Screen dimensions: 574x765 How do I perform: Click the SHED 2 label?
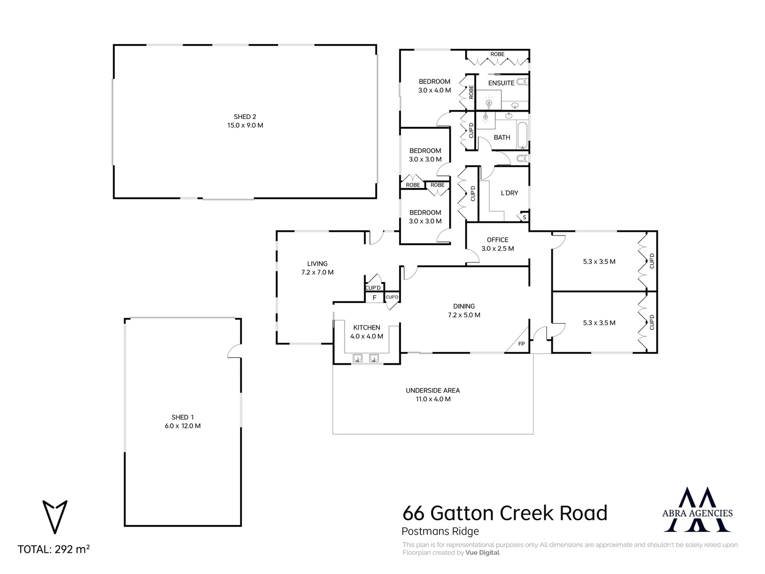245,117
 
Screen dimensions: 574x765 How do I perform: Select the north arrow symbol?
55,516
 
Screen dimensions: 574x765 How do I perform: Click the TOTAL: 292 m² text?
54,550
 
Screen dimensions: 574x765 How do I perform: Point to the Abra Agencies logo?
698,510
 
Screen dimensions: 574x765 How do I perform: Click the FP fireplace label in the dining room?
521,344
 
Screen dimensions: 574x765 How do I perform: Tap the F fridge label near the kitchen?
374,298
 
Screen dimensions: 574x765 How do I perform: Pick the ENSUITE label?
501,83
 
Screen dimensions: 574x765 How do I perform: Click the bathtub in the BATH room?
522,135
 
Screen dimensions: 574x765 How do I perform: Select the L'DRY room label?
509,193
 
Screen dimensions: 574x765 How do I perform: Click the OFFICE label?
497,240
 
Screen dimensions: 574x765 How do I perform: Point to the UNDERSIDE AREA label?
433,391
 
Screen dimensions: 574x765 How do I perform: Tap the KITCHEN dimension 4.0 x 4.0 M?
366,336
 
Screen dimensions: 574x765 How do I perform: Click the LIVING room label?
317,264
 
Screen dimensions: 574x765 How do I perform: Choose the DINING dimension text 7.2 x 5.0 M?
464,315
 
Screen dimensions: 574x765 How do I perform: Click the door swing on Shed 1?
234,351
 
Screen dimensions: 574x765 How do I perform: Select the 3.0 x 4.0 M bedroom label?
434,90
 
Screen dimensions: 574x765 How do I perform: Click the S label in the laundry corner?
524,217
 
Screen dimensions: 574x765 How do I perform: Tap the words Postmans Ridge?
440,531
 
